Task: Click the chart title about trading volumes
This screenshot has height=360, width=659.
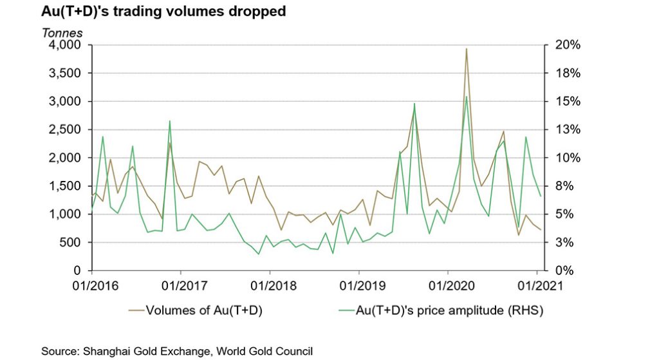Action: click(163, 12)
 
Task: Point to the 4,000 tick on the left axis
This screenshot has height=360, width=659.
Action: click(65, 45)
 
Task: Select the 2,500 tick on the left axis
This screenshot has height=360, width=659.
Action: click(65, 129)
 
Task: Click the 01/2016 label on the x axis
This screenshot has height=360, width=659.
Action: click(91, 283)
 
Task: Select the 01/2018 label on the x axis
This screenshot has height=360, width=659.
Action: click(270, 283)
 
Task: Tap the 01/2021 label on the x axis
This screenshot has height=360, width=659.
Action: click(537, 283)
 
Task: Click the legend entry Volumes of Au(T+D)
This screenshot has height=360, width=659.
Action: click(203, 310)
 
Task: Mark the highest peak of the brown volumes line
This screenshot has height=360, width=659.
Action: click(466, 49)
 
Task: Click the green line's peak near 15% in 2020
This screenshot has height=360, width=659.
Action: click(466, 97)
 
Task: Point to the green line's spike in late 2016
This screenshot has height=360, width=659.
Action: click(170, 121)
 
